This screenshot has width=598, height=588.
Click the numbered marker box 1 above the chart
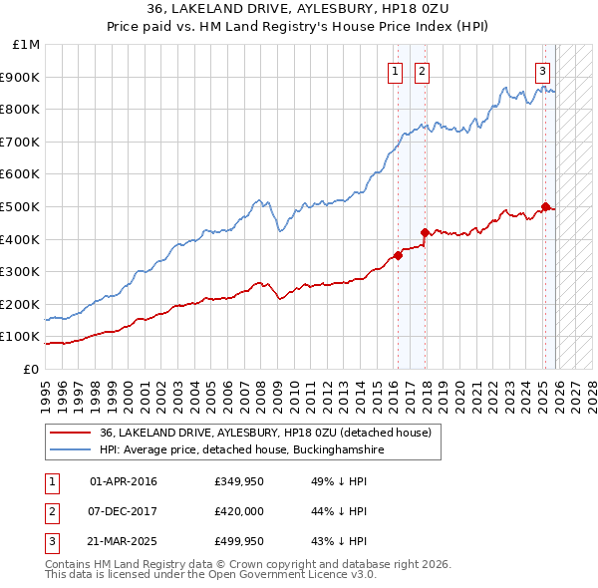pos(396,71)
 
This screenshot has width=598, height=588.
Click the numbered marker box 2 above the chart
pos(423,71)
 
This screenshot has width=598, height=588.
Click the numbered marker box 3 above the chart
pos(542,71)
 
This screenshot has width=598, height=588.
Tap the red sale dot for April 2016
pos(398,255)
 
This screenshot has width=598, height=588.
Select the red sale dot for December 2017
pos(426,232)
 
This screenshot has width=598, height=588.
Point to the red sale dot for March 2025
pos(545,206)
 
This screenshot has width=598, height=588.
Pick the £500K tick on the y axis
pos(22,206)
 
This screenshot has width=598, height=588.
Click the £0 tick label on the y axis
pos(31,369)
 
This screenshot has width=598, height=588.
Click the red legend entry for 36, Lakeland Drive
pos(265,434)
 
